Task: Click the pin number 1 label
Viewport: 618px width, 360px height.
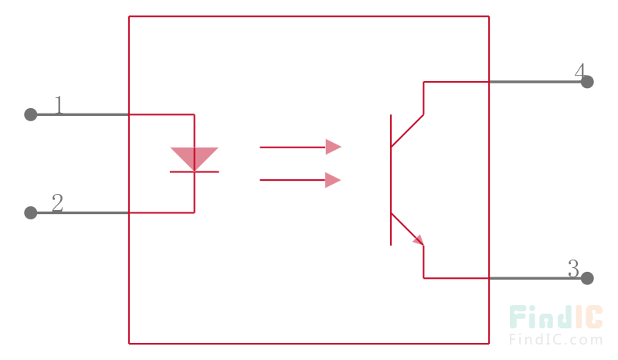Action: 59,105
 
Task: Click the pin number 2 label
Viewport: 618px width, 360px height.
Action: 57,202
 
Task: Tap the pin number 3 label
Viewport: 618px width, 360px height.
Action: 573,269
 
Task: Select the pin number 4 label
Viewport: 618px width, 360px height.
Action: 580,72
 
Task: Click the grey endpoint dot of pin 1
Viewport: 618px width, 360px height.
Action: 31,115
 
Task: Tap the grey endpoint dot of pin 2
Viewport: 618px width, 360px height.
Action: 31,213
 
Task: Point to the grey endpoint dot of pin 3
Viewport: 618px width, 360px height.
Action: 587,278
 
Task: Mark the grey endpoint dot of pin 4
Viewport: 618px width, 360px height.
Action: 587,82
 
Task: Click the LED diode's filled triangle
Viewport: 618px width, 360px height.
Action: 195,157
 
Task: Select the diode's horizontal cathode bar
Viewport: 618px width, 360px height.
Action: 195,172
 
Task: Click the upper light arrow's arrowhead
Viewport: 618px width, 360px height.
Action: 333,147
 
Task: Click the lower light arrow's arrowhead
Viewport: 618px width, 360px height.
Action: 333,180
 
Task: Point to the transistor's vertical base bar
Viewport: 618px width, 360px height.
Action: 391,180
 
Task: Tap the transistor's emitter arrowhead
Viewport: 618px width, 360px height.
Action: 419,240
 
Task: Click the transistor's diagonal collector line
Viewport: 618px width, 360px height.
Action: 407,131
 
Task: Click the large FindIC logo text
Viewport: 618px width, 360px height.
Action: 556,317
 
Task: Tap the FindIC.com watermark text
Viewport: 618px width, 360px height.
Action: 556,339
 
